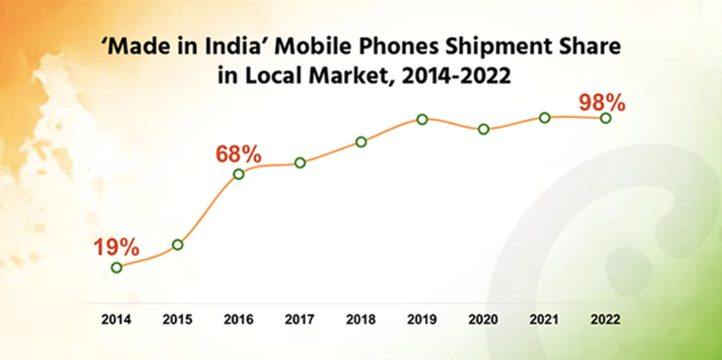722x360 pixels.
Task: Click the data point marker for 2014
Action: pyautogui.click(x=117, y=267)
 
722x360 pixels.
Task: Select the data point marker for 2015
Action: pyautogui.click(x=178, y=245)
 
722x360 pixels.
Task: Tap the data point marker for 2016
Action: pyautogui.click(x=239, y=174)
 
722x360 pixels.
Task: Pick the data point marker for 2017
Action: pyautogui.click(x=300, y=163)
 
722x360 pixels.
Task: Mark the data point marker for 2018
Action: pyautogui.click(x=361, y=142)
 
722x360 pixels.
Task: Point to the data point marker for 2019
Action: pyautogui.click(x=422, y=119)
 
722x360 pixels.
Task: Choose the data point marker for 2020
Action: pyautogui.click(x=483, y=129)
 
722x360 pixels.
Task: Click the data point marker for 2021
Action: pyautogui.click(x=544, y=118)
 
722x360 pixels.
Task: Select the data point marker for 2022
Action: pyautogui.click(x=605, y=118)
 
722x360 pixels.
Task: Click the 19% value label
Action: pyautogui.click(x=117, y=248)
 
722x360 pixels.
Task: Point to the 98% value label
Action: pyautogui.click(x=603, y=102)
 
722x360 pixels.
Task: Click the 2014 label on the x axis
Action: pyautogui.click(x=117, y=319)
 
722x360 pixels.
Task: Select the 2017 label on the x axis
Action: pyautogui.click(x=300, y=319)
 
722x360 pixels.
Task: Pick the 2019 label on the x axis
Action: pyautogui.click(x=422, y=319)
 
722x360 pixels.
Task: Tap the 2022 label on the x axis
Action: pyautogui.click(x=605, y=319)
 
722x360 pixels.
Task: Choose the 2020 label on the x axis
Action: pyautogui.click(x=483, y=319)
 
